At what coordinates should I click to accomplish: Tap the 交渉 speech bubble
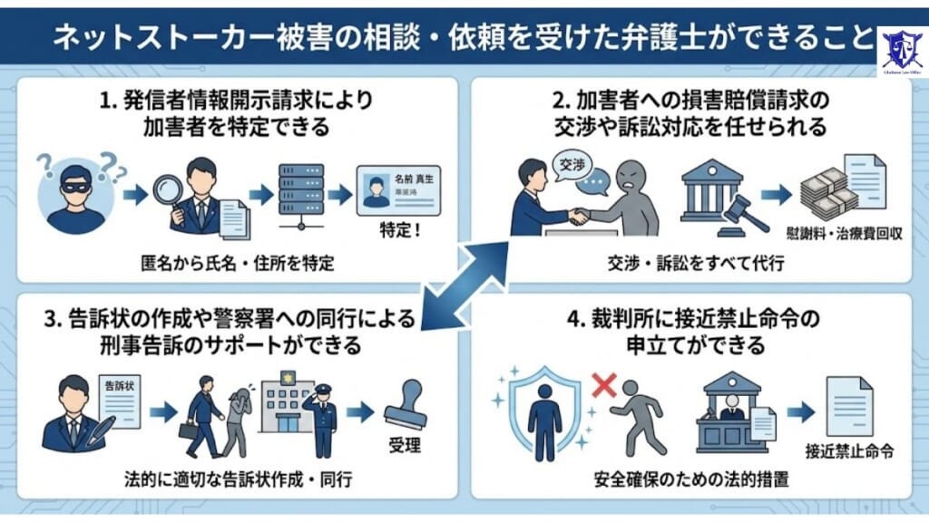(572, 169)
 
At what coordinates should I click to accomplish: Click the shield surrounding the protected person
(544, 412)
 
